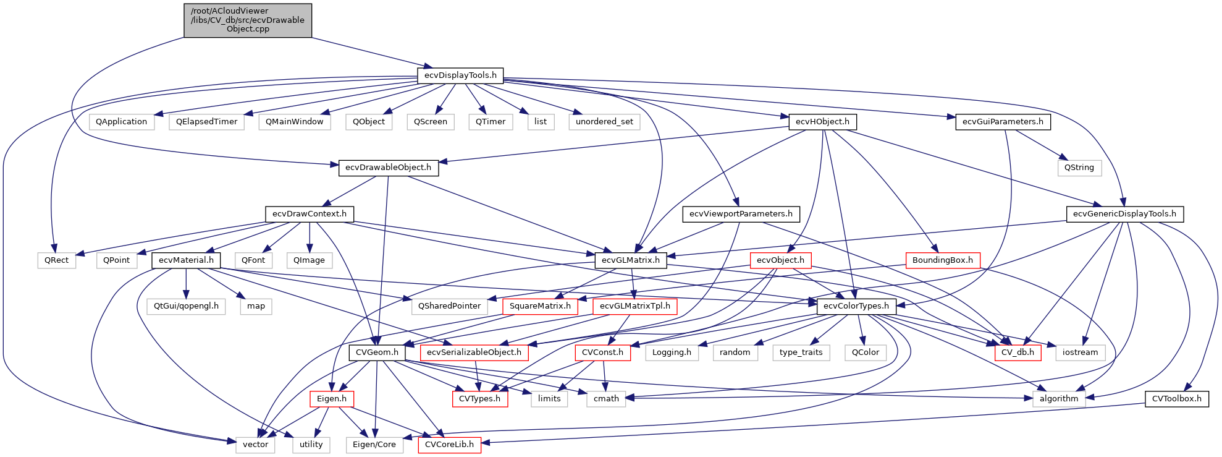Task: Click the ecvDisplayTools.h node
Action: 460,75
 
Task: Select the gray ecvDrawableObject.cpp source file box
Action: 248,20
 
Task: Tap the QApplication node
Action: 121,122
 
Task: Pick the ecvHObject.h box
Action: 822,122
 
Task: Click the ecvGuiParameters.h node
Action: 1003,122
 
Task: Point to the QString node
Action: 1079,168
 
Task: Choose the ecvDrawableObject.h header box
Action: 388,168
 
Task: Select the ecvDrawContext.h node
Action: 310,214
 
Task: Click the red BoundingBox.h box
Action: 942,260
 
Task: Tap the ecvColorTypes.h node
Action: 856,306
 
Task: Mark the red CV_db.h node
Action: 1018,352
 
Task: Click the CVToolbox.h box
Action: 1176,399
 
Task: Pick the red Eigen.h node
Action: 332,399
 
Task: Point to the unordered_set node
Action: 604,122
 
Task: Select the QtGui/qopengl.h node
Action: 186,306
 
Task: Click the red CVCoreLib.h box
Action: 449,445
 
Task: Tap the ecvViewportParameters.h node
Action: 741,214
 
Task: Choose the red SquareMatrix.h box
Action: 540,306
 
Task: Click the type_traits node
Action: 801,352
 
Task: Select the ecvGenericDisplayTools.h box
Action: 1124,214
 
